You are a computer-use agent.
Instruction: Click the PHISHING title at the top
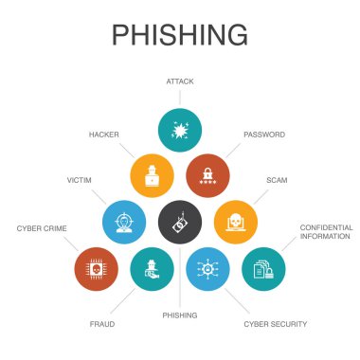(x=179, y=34)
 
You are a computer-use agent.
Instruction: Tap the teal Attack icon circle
(x=179, y=130)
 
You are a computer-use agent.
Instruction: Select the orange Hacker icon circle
(x=152, y=174)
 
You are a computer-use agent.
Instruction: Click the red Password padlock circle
(x=207, y=174)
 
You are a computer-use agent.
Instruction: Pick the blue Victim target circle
(x=123, y=221)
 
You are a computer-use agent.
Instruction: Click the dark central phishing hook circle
(x=179, y=221)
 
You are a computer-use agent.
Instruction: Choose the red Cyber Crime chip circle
(x=96, y=268)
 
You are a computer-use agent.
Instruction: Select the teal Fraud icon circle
(x=152, y=268)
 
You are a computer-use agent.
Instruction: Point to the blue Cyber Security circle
(x=207, y=268)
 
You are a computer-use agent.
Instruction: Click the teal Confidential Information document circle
(x=262, y=268)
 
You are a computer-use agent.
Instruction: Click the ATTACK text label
(x=179, y=82)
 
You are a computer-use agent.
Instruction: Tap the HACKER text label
(x=103, y=135)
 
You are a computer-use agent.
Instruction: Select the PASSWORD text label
(x=263, y=135)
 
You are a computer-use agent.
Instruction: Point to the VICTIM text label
(x=79, y=179)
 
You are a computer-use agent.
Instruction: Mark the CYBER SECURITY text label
(x=275, y=324)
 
